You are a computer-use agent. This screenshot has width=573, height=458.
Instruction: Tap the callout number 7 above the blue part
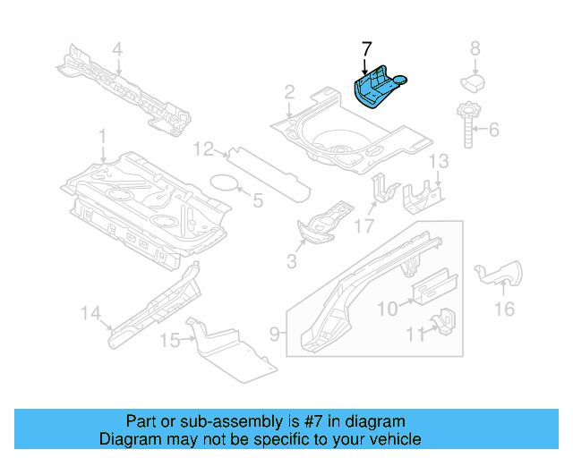click(365, 48)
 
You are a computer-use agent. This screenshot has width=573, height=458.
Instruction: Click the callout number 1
click(102, 138)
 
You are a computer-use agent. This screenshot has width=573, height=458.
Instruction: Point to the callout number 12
click(204, 148)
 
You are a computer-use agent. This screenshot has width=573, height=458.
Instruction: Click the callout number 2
click(289, 91)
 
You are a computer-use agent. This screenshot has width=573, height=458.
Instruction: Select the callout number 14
click(90, 313)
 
